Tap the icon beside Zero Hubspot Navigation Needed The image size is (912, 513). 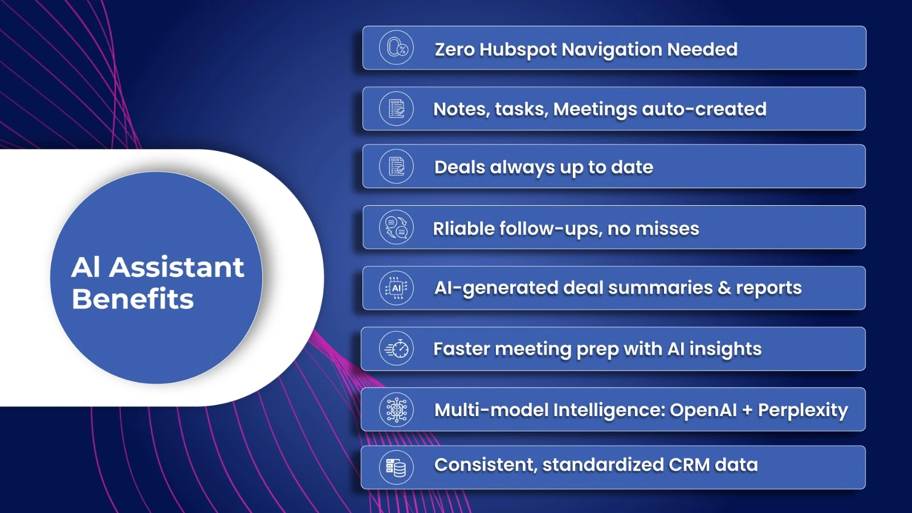396,48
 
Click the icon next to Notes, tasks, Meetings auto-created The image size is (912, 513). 396,109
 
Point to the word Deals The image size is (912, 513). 459,167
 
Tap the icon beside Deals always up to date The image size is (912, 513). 396,166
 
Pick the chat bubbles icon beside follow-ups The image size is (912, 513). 396,227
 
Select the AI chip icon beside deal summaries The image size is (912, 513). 396,288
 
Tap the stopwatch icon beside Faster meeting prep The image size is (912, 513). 396,348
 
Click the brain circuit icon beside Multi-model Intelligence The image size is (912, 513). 396,410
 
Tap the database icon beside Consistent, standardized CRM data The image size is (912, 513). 396,467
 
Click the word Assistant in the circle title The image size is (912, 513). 176,267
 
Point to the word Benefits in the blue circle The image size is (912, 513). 133,299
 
